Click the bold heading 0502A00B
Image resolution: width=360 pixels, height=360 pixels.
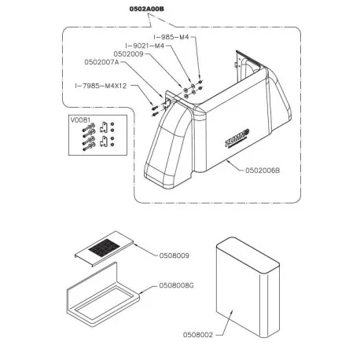coord(147,9)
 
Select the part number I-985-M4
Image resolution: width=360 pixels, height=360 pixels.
coord(171,37)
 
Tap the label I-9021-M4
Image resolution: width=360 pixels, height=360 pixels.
coord(145,46)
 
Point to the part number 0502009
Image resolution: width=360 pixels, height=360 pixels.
coord(128,54)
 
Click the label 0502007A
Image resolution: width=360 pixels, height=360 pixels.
coord(101,62)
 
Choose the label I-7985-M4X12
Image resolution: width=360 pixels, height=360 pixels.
coord(101,86)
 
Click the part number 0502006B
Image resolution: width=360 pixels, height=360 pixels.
coord(263,171)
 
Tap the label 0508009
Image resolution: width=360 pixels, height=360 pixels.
coord(174,255)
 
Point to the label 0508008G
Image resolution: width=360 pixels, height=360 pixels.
coord(177,285)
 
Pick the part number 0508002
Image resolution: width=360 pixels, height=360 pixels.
coord(198,335)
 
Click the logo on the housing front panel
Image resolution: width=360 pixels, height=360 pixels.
coord(237,138)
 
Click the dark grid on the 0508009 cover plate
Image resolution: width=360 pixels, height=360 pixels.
coord(105,248)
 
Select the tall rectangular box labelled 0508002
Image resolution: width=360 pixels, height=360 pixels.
coord(248,288)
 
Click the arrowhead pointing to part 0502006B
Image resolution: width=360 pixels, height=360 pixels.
coord(228,161)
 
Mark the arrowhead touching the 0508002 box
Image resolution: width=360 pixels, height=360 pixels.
coord(232,312)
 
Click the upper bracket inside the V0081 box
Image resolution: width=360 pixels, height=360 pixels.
coord(104,127)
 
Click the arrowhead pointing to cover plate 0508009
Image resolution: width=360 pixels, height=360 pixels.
coord(135,244)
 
